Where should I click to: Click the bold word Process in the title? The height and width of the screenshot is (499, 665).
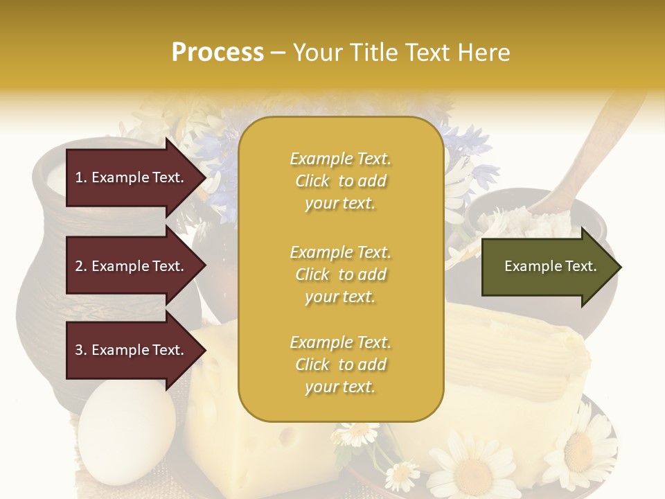tap(218, 52)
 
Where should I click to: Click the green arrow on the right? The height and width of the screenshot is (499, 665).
tap(551, 266)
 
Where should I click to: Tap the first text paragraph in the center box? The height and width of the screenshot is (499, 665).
tap(340, 181)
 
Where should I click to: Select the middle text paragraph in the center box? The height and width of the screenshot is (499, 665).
tap(340, 274)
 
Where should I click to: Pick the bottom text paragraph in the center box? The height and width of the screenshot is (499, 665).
tap(340, 365)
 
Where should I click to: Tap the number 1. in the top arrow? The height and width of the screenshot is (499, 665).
tap(81, 177)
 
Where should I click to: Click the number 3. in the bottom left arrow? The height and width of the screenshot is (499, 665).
tap(81, 350)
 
